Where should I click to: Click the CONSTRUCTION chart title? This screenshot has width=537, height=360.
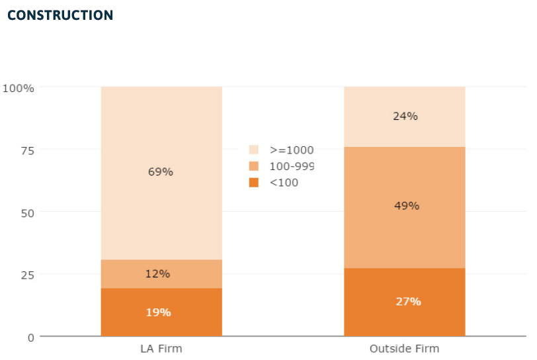click(x=60, y=15)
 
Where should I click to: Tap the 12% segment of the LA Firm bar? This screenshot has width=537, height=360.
click(x=161, y=274)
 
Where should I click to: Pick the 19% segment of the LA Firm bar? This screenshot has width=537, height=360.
click(x=161, y=312)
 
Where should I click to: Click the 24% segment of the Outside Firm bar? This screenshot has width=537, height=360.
click(x=404, y=116)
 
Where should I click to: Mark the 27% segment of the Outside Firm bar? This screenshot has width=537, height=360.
click(x=404, y=302)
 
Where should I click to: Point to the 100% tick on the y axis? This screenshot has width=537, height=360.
click(x=19, y=87)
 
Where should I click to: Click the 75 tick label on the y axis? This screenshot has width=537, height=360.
click(x=26, y=150)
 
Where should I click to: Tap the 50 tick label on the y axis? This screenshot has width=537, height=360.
click(x=26, y=212)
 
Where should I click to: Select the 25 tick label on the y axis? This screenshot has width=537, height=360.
click(x=26, y=274)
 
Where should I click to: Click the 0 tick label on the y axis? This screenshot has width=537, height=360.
click(x=30, y=337)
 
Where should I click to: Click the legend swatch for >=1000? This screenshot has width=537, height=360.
click(x=254, y=150)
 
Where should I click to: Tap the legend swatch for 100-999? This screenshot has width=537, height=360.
click(x=254, y=166)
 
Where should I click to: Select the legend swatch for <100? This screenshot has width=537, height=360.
click(x=254, y=182)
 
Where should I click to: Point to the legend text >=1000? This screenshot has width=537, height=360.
click(x=291, y=150)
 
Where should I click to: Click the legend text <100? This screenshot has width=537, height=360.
click(x=284, y=182)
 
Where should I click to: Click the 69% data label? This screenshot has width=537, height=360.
click(x=161, y=172)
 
